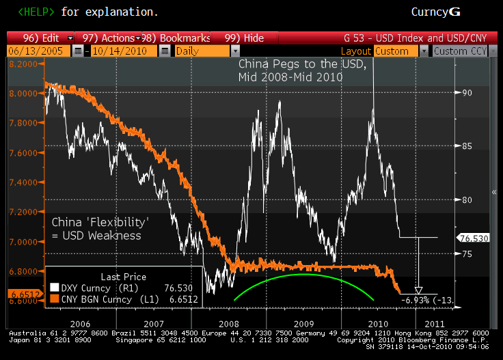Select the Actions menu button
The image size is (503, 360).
click(x=110, y=38)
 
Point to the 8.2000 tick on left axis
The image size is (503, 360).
click(x=24, y=64)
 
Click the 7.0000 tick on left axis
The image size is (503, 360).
click(x=24, y=242)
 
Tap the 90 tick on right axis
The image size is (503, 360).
click(x=466, y=93)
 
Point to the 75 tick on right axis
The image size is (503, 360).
click(x=466, y=253)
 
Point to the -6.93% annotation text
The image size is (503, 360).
click(x=418, y=300)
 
